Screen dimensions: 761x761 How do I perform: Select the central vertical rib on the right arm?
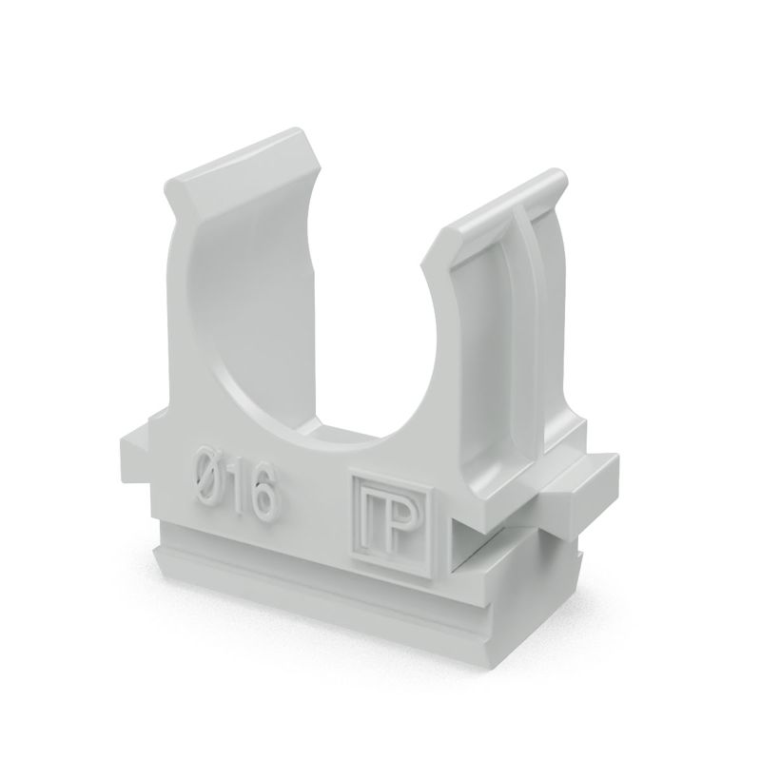(529, 314)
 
